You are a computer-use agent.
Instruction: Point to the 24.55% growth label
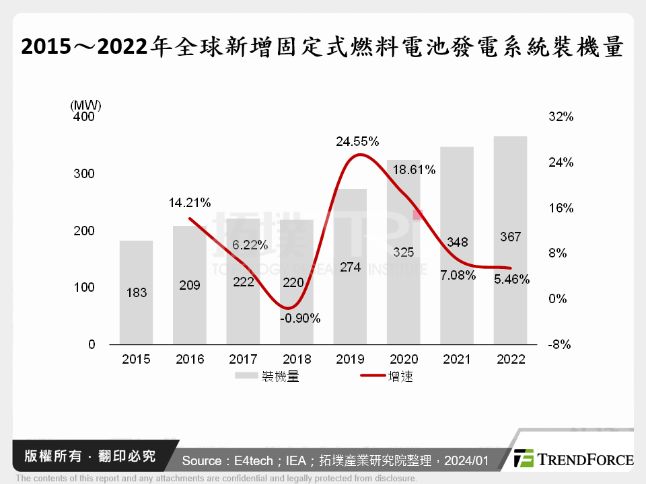pos(358,142)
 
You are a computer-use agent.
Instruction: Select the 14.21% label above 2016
pos(190,202)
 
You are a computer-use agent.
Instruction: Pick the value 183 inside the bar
pos(136,293)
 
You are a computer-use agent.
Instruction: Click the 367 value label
pos(510,237)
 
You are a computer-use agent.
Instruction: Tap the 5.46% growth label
pos(511,279)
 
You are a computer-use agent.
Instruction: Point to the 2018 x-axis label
pos(297,360)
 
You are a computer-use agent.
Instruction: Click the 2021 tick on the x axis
pos(457,360)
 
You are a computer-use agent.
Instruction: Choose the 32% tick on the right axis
pos(561,117)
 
